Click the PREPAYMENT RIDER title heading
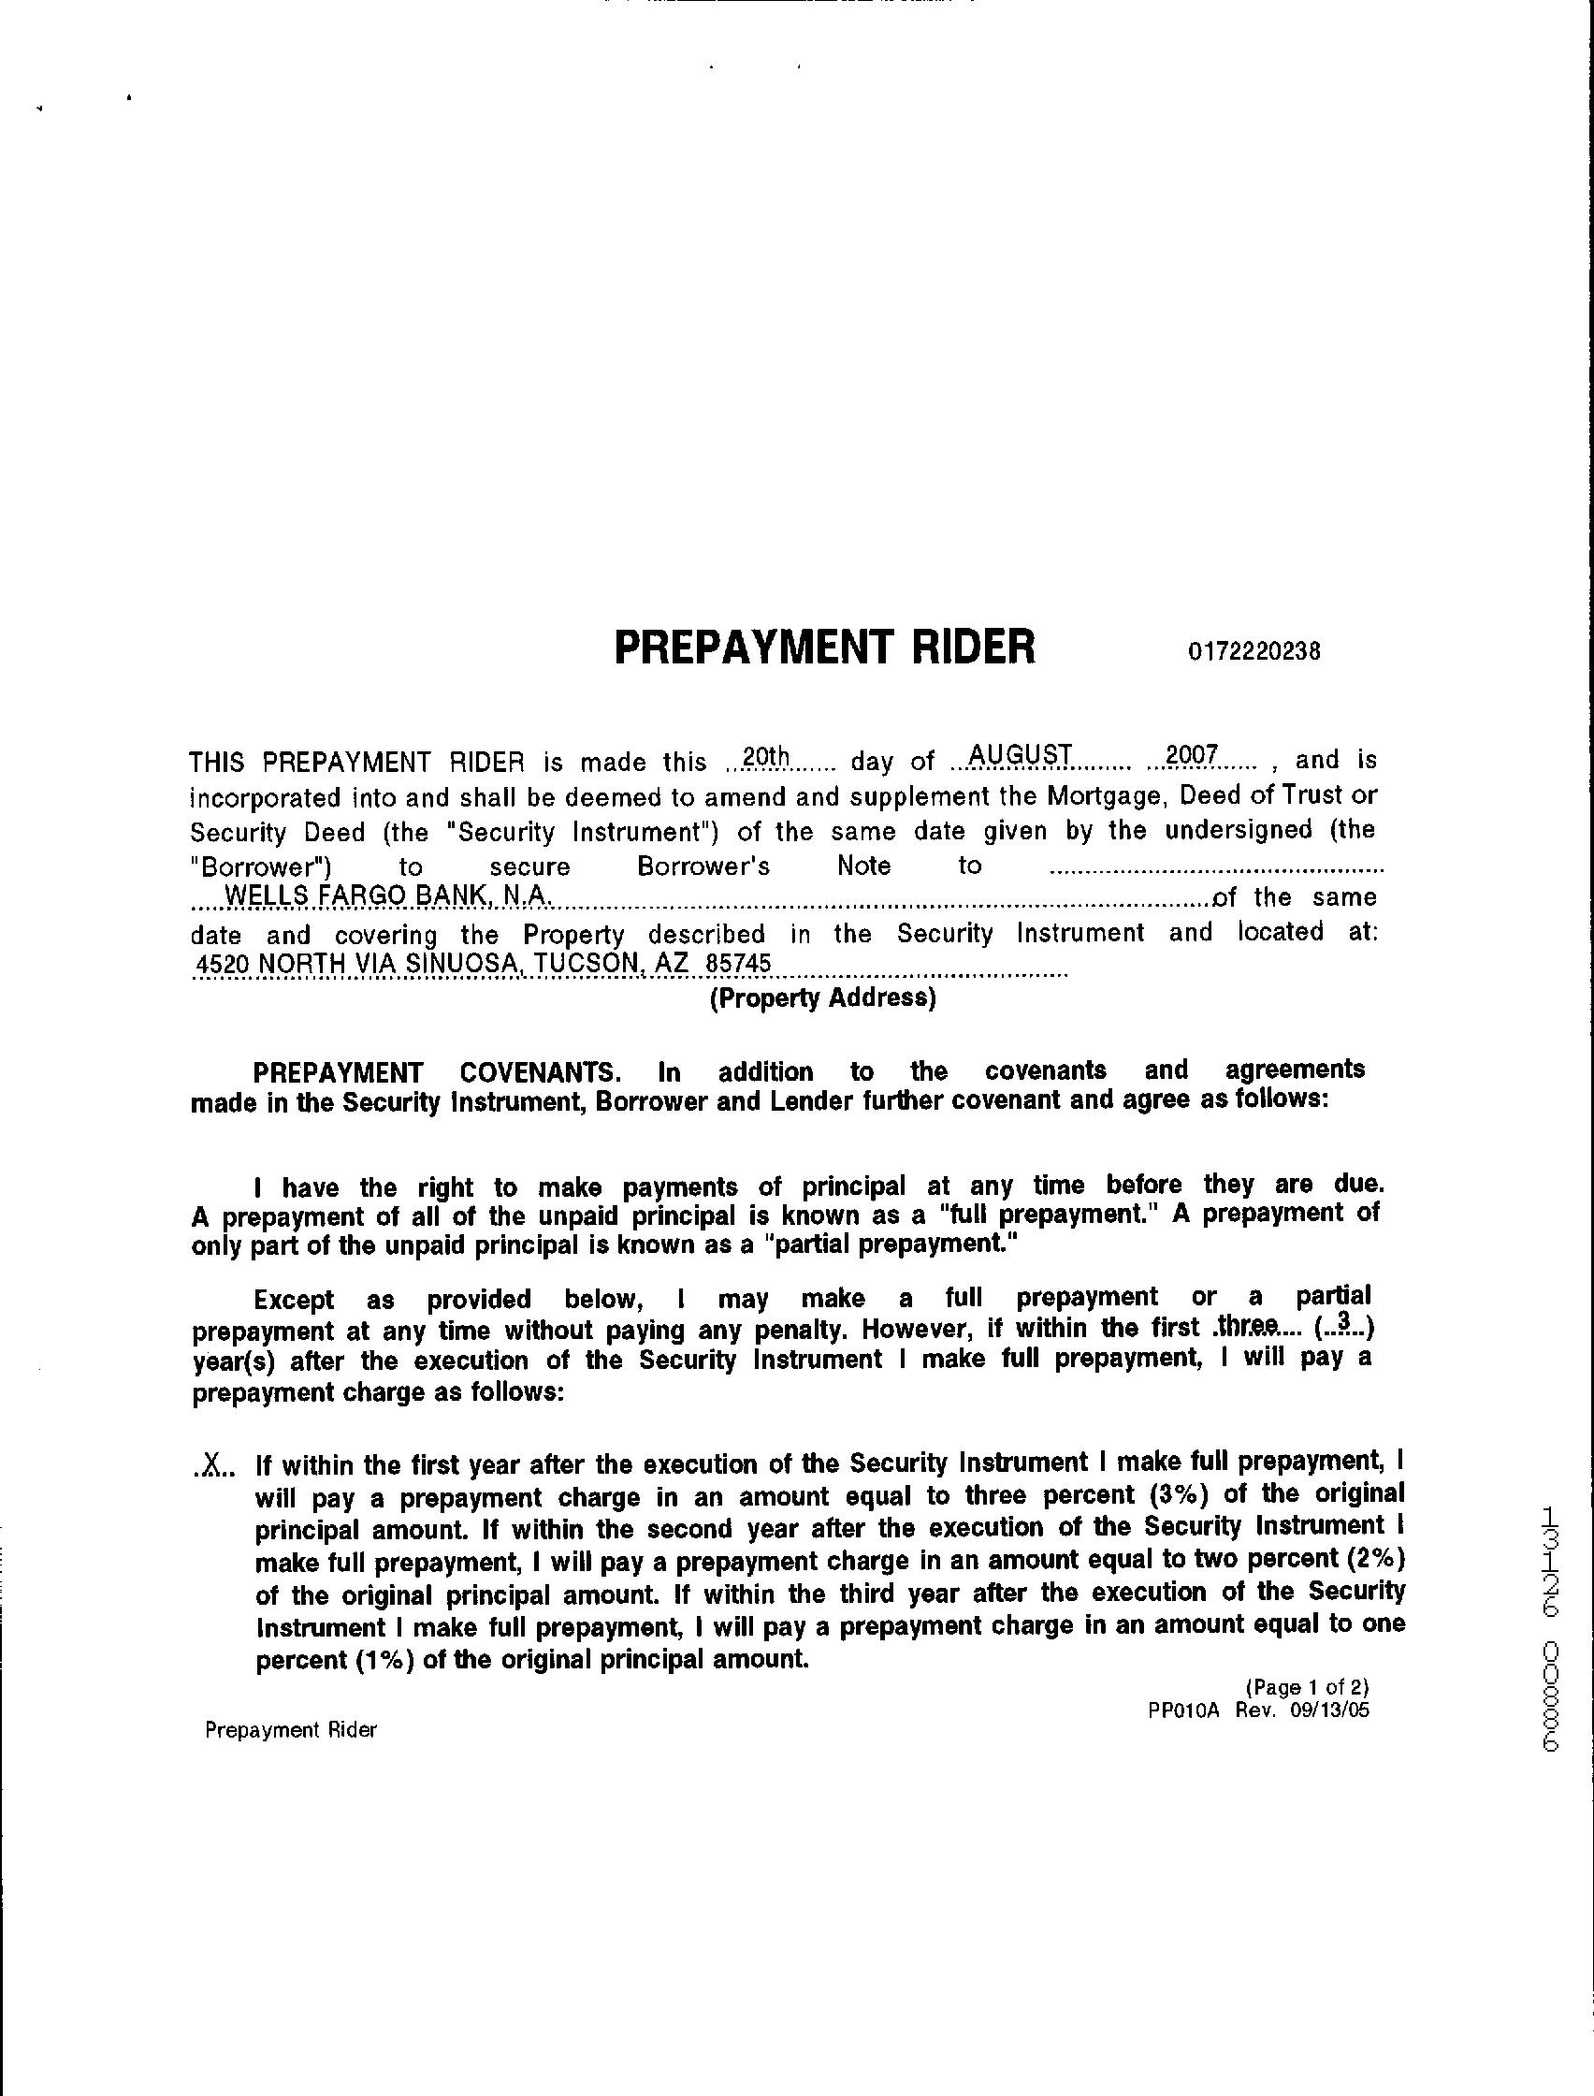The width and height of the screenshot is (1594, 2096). pos(824,649)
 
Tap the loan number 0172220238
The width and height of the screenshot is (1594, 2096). pos(1253,652)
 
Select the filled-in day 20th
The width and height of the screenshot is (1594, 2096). pos(766,757)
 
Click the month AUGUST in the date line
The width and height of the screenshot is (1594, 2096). pos(1019,755)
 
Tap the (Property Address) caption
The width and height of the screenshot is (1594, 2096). pos(822,998)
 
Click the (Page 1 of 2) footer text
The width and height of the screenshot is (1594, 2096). pos(1307,1687)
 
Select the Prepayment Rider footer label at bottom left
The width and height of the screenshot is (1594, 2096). pos(290,1730)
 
